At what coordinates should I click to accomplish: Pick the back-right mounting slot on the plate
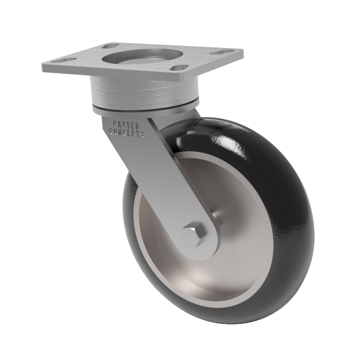(220, 53)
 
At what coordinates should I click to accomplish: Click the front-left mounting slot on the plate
(64, 61)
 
